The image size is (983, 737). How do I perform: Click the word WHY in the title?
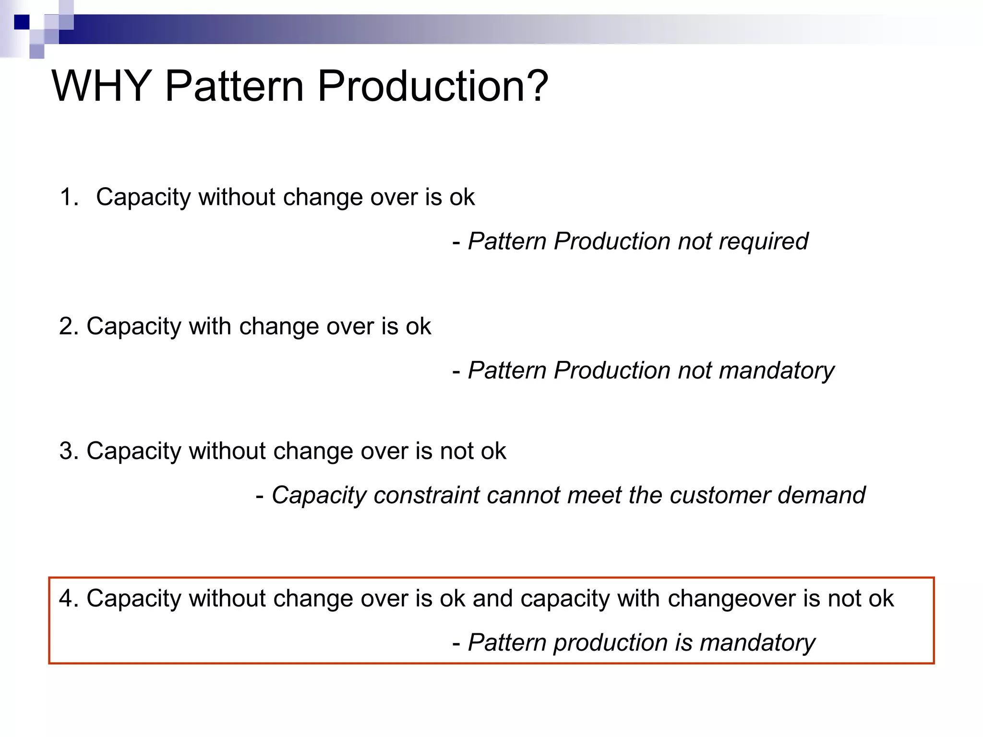101,86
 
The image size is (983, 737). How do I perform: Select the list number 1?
69,197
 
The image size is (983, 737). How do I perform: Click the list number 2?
68,327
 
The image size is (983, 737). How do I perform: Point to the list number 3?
68,452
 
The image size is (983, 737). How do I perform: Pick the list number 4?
68,599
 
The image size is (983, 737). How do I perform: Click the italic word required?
763,241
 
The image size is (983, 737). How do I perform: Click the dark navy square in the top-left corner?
22,22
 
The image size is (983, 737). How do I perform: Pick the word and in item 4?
492,599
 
